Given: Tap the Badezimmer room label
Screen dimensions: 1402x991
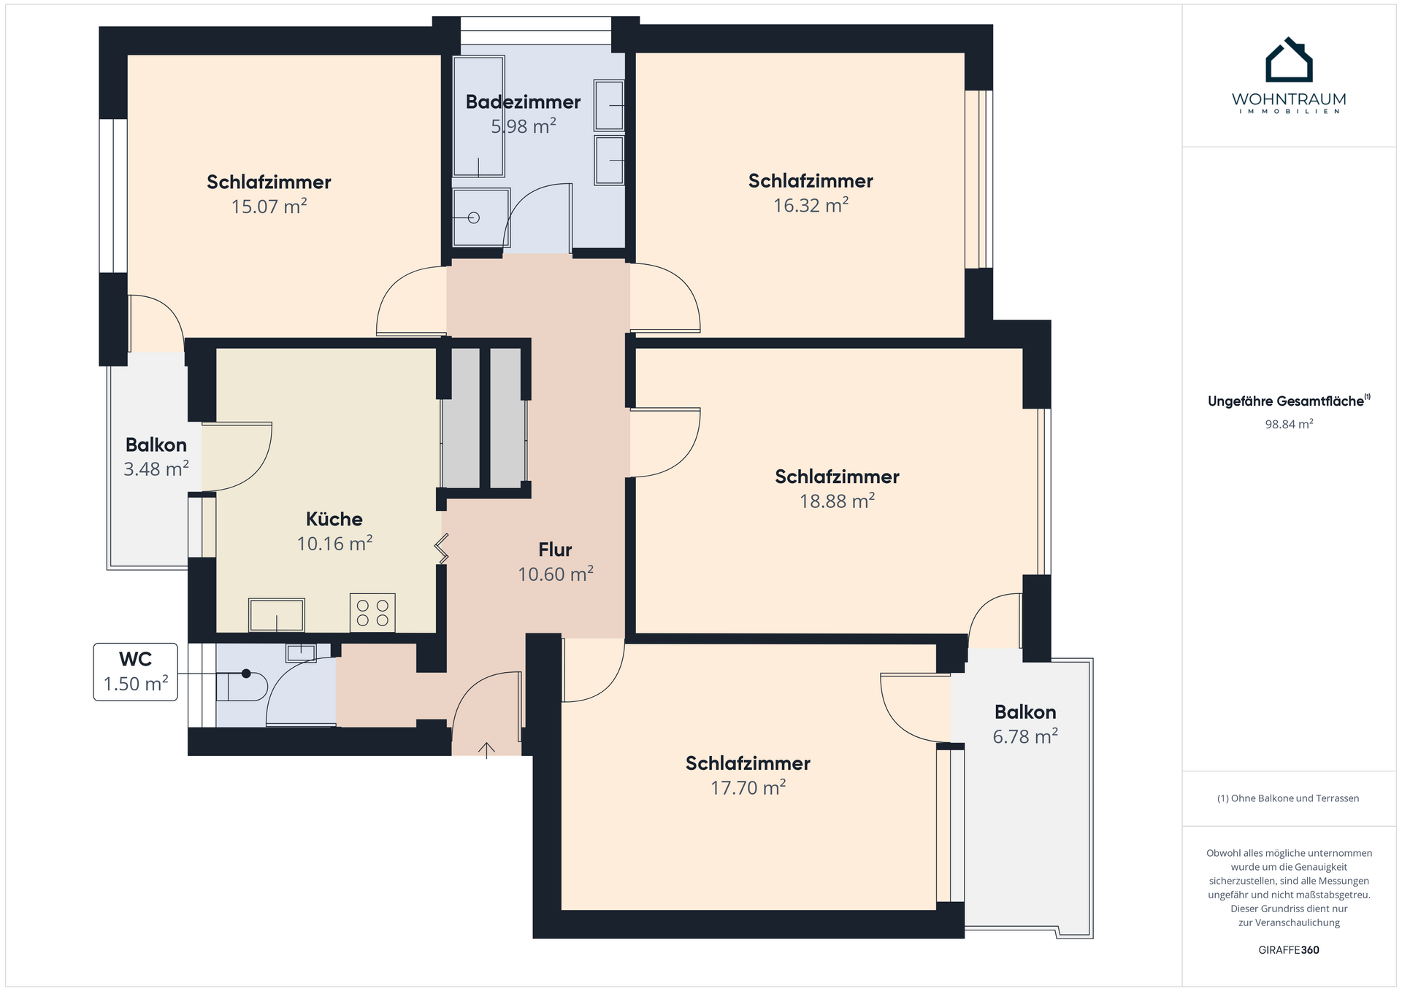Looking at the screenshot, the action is point(523,102).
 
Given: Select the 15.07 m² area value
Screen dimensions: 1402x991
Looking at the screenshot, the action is point(269,207).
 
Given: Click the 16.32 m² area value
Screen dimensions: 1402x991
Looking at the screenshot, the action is point(811,205).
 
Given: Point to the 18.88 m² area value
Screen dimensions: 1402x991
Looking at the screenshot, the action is point(837,501).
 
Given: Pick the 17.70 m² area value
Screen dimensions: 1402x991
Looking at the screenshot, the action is point(748,787).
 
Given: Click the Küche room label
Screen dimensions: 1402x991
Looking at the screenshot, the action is point(334,519).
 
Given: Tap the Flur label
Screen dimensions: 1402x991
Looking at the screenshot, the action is point(555,550).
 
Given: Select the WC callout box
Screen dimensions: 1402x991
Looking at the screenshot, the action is point(136,672).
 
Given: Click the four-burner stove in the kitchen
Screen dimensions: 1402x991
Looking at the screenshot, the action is point(372,612).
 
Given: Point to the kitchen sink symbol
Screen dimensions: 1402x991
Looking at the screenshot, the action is point(277,615).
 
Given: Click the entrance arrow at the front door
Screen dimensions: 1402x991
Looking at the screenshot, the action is point(486,750).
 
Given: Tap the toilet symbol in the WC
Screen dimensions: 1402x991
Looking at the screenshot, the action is point(242,685).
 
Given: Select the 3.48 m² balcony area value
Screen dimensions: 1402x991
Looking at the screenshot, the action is point(156,468).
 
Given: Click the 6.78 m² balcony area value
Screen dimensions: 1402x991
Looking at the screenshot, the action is point(1025,736).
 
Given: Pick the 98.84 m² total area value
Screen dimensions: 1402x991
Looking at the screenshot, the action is point(1289,424).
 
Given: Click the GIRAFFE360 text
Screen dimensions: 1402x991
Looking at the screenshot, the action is point(1289,950).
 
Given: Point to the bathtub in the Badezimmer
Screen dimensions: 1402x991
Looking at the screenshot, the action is point(478,116).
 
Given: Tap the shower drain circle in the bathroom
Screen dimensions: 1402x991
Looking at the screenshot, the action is point(473,217).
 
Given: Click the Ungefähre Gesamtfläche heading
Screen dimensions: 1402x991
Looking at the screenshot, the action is point(1289,401).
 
